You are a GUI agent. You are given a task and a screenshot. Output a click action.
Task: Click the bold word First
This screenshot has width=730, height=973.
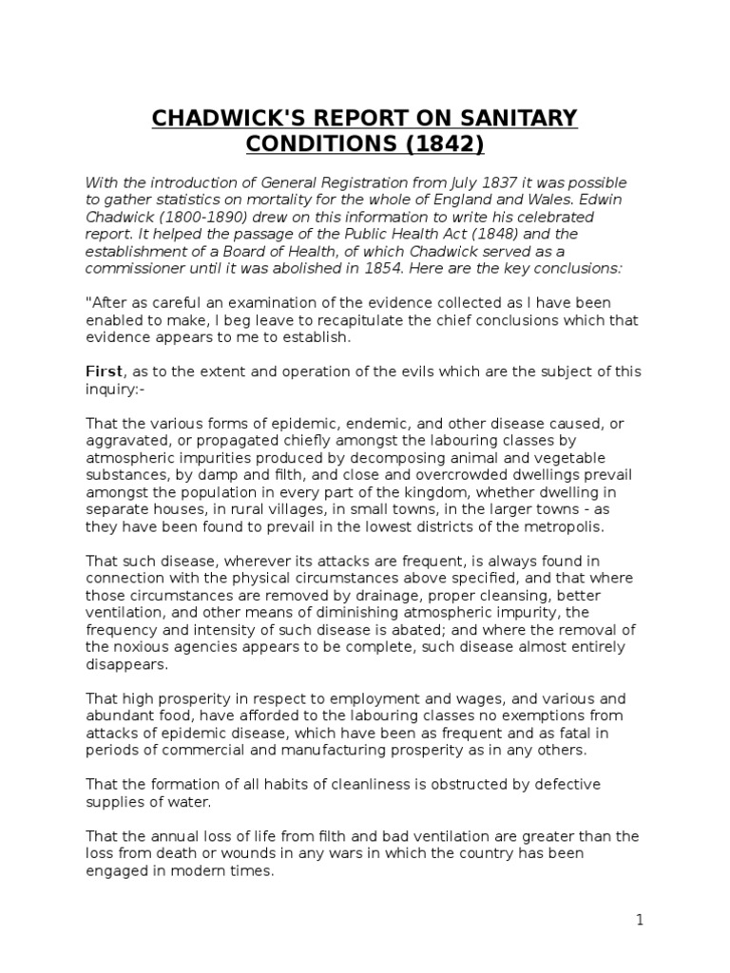pyautogui.click(x=104, y=371)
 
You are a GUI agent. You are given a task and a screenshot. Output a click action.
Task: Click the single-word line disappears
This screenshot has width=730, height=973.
pyautogui.click(x=126, y=663)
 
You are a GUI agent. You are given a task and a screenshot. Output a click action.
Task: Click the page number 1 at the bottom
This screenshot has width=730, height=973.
pyautogui.click(x=641, y=919)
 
